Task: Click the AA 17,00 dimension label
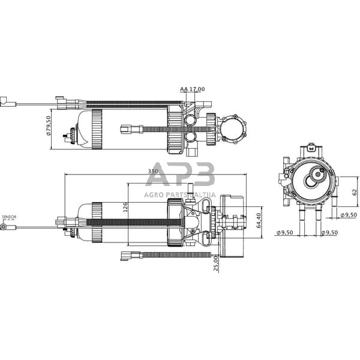pos(192,89)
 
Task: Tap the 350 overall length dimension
pos(153,172)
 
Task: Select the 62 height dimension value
pos(354,192)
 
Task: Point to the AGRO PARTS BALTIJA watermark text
pos(180,194)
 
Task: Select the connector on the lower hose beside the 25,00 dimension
pos(128,256)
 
